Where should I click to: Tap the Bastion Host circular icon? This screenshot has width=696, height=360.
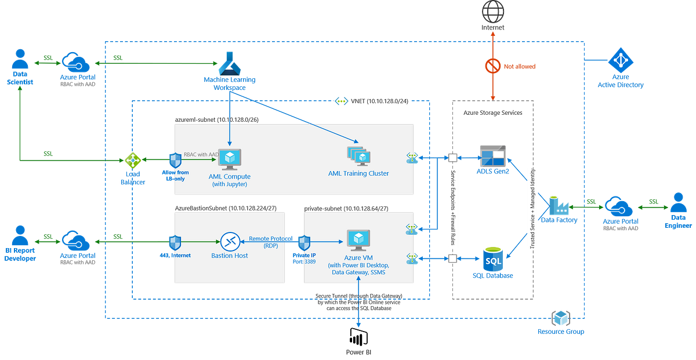tap(230, 241)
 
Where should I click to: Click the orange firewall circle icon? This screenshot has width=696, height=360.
tap(492, 67)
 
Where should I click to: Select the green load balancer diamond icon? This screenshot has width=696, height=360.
tap(133, 161)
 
